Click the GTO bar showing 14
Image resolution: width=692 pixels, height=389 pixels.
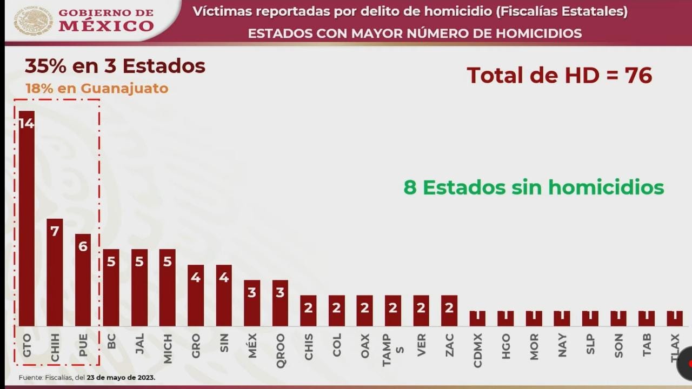pos(26,218)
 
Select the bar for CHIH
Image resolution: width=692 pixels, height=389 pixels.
pos(55,272)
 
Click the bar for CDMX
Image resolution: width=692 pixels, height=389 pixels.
pos(477,318)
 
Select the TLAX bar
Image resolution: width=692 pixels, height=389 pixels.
pos(674,318)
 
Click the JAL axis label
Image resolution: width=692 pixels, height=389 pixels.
pos(139,344)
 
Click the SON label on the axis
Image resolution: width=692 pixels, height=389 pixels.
pos(618,345)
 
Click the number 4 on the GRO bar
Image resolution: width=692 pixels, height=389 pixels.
pos(196,278)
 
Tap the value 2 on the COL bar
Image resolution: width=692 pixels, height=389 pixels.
pos(336,308)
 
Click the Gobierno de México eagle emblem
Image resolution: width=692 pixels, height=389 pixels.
pos(33,21)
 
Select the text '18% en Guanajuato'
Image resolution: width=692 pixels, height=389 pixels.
pos(97,88)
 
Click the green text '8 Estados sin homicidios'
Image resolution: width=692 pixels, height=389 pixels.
pos(533,187)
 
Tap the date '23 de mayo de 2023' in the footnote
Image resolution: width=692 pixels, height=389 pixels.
pos(121,378)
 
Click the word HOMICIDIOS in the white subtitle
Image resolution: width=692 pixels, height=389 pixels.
pos(538,33)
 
